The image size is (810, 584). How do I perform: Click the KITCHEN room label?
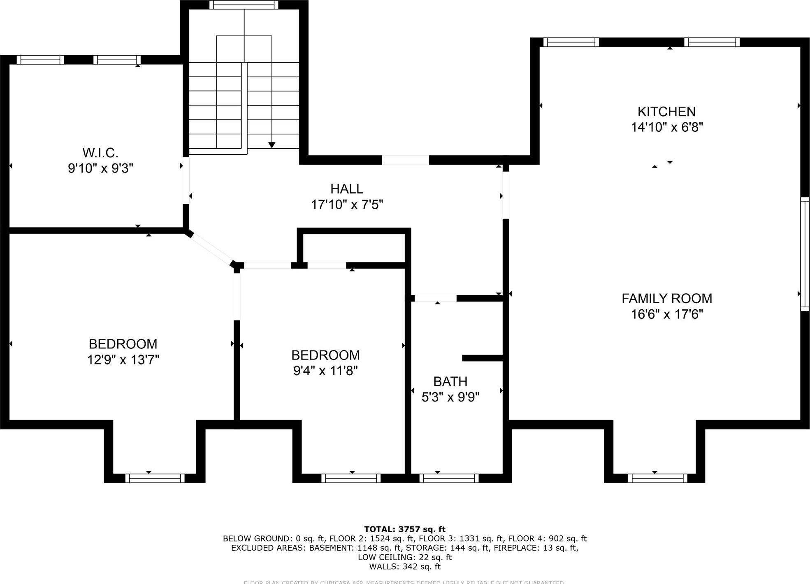click(x=666, y=112)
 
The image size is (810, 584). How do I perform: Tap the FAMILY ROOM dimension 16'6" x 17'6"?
click(x=667, y=314)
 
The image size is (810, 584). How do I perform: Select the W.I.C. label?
click(x=100, y=153)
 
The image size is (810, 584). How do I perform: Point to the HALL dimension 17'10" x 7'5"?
click(x=347, y=204)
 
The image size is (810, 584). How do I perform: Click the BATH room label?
click(x=450, y=381)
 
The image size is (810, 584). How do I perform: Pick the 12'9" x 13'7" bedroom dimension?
click(x=123, y=360)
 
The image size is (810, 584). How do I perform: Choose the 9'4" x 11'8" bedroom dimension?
click(x=325, y=371)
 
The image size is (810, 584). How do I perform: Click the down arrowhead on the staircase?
click(x=272, y=145)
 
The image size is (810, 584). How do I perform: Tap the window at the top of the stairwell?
click(x=244, y=5)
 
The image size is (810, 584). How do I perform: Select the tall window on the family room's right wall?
click(x=805, y=254)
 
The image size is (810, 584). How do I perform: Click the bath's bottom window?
click(x=449, y=478)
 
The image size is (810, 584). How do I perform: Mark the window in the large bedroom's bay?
click(x=155, y=478)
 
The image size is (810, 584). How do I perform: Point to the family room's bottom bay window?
click(x=657, y=478)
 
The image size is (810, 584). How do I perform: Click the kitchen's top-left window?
click(x=571, y=42)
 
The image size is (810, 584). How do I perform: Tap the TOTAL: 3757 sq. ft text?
click(x=405, y=529)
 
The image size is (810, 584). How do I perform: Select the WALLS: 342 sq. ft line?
click(x=405, y=567)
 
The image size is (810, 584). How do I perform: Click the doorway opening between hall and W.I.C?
click(x=186, y=180)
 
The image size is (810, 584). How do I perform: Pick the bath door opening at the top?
click(x=435, y=298)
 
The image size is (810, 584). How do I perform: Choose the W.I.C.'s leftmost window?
click(x=40, y=60)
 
